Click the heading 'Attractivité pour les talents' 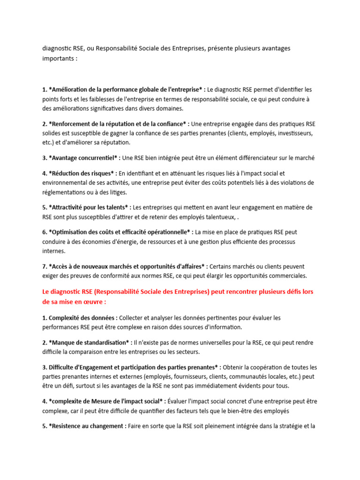89,207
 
